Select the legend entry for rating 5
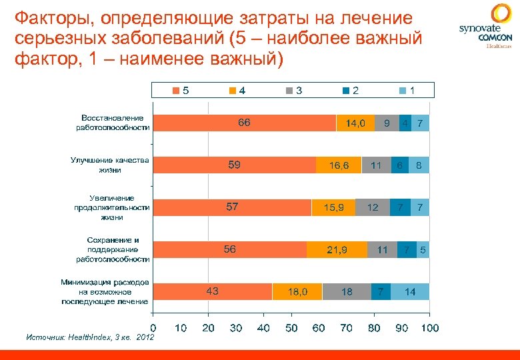[180, 90]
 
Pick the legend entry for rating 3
[294, 90]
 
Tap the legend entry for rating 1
[408, 90]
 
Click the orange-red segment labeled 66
[244, 123]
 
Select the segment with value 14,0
[355, 123]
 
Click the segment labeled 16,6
[339, 165]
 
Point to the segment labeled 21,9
[337, 250]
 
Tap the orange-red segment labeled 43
[212, 291]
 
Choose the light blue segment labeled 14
[410, 291]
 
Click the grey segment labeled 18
[347, 291]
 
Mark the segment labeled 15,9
[333, 207]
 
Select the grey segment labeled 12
[373, 207]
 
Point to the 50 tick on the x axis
[291, 328]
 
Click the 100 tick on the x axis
[430, 328]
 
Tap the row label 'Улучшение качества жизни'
[110, 165]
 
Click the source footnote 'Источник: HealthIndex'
[89, 338]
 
